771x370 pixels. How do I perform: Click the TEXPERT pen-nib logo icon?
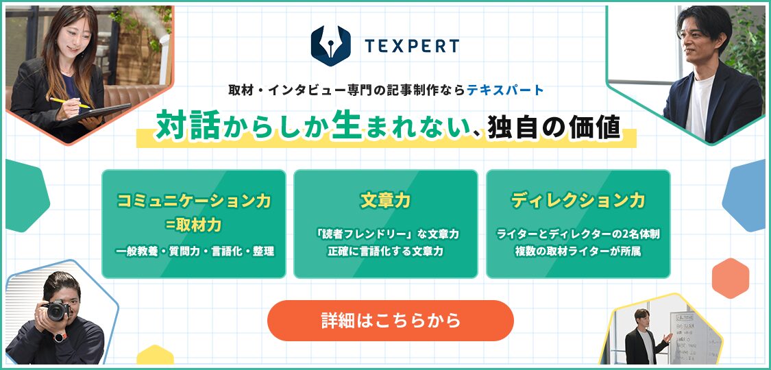330,46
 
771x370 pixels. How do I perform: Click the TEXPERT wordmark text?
412,46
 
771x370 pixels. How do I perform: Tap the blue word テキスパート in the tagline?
506,90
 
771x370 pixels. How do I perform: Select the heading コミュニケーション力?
194,201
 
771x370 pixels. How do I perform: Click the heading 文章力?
385,201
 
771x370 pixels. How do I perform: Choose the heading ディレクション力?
578,201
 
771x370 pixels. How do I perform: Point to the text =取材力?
194,225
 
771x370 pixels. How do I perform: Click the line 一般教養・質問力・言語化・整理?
194,251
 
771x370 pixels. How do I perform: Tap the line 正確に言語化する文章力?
385,251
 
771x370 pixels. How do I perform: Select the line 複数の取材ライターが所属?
578,251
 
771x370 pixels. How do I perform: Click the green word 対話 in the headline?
188,126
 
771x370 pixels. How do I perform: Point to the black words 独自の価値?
553,127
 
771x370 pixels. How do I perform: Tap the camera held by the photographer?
57,310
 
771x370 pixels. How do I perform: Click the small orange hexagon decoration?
730,278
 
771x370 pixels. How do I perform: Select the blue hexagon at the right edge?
746,195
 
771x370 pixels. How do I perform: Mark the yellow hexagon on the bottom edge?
155,355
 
